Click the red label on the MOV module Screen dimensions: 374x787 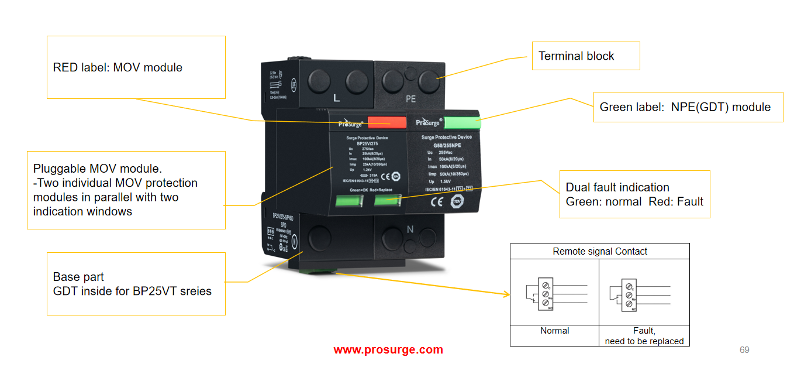pos(386,122)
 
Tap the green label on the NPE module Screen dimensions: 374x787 pos(462,122)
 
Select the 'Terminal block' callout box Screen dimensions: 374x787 pos(585,56)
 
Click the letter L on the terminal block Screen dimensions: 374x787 pos(336,98)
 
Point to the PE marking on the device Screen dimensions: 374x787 pos(410,99)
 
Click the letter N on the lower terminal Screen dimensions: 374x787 pos(410,230)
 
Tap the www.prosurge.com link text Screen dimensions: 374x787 pos(388,350)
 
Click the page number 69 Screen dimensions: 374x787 pos(744,350)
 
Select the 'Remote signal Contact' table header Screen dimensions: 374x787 pos(600,252)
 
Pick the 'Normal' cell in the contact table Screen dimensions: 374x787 pos(555,331)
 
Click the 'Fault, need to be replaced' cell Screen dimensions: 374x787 pos(644,336)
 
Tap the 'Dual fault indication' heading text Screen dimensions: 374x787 pos(617,187)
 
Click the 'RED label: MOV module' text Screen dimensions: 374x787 pos(118,67)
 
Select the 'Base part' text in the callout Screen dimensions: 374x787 pos(78,277)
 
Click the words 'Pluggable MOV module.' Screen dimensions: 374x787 pos(97,169)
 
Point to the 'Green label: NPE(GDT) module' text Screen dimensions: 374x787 pos(685,107)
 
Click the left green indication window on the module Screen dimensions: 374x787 pos(348,202)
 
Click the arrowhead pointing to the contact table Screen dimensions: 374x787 pos(507,294)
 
